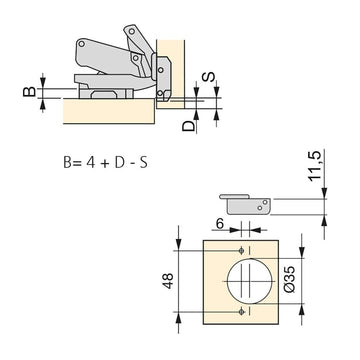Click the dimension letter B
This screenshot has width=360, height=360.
click(x=29, y=91)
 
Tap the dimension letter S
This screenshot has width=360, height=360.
click(x=209, y=77)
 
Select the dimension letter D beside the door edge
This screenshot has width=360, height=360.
click(x=188, y=126)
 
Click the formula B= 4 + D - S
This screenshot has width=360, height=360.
click(x=105, y=163)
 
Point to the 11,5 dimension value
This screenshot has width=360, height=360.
click(x=314, y=166)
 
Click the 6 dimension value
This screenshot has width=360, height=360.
click(x=220, y=224)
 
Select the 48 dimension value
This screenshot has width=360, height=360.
click(x=168, y=281)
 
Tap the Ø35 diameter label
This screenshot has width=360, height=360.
click(x=290, y=279)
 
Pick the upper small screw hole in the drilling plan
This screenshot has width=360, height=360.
click(x=242, y=251)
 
